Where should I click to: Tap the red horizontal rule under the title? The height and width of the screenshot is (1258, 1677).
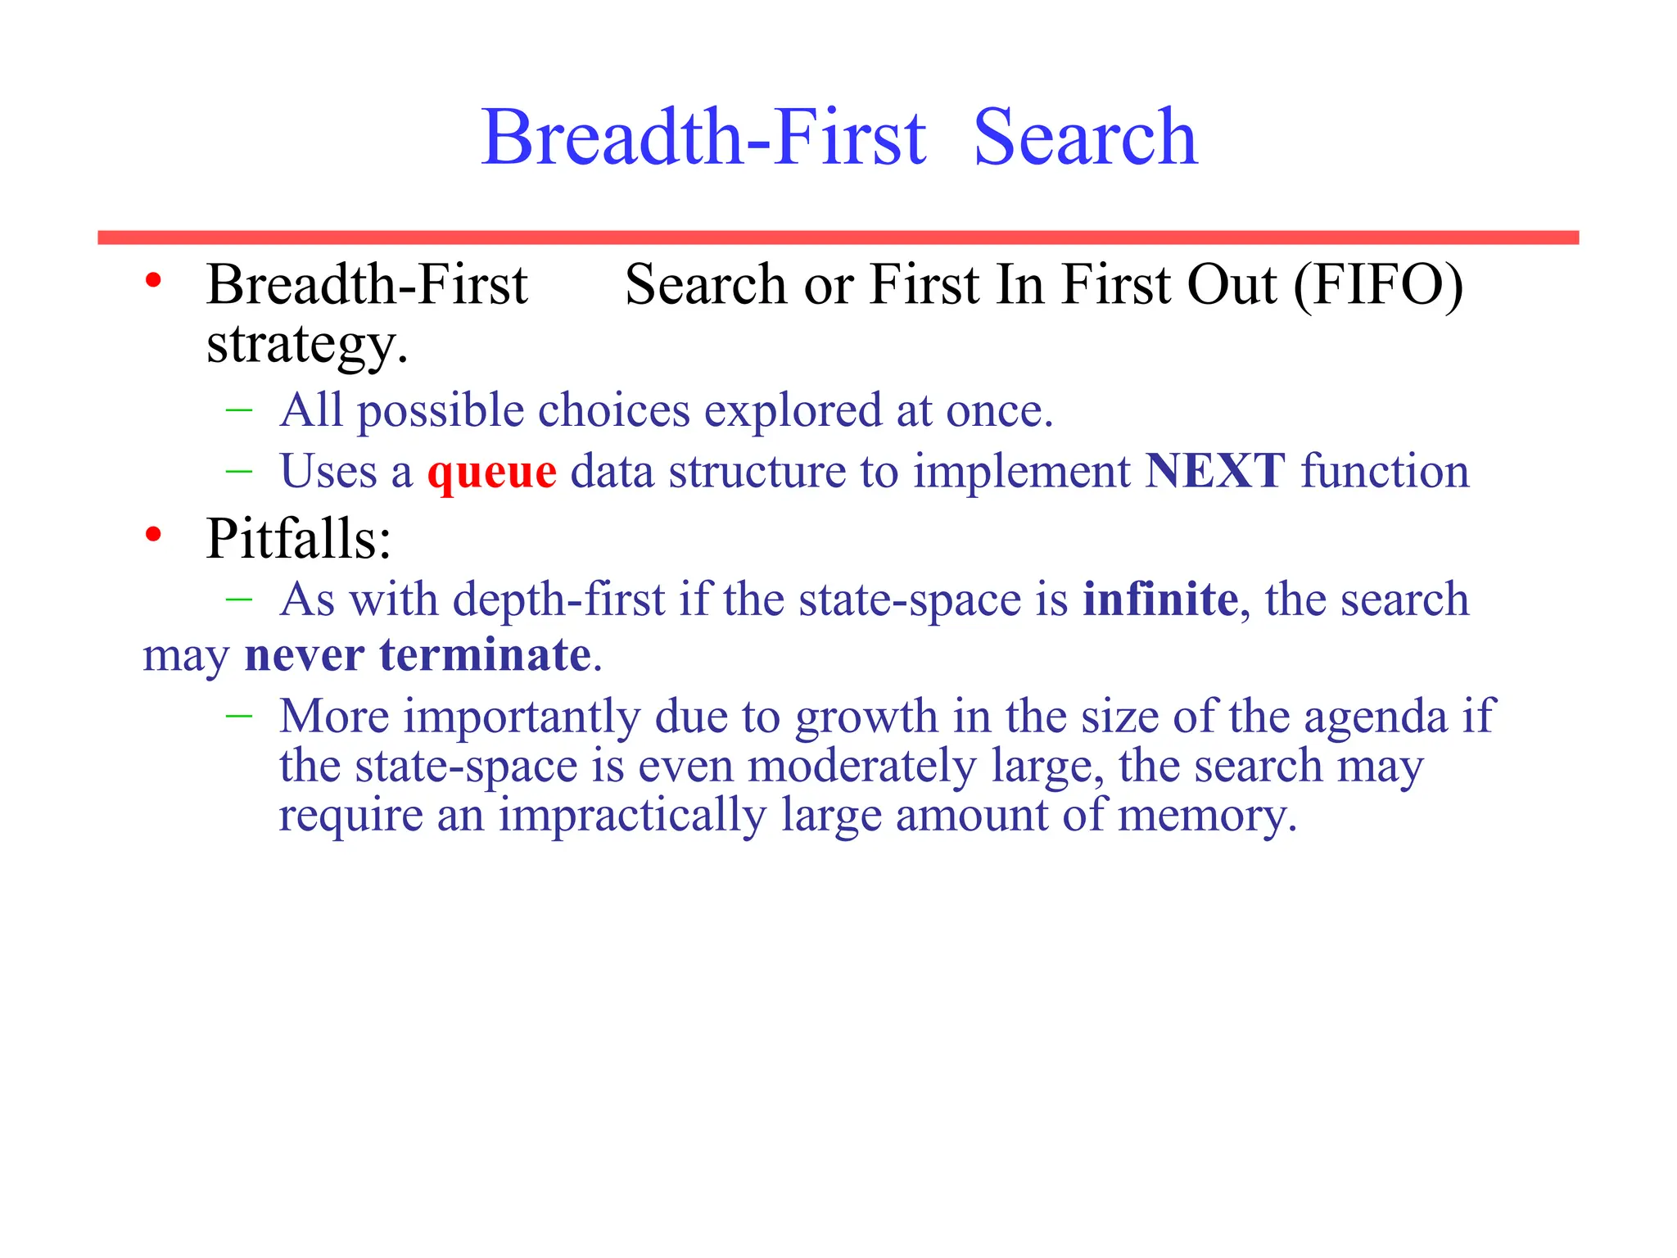point(838,238)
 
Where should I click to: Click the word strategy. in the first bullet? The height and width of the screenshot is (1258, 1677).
point(307,345)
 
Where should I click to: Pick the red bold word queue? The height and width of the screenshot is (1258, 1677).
point(492,473)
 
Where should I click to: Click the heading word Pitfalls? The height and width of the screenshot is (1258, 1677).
point(299,539)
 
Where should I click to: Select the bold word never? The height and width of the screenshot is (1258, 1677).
point(304,654)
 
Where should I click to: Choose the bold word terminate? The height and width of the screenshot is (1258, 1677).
point(486,654)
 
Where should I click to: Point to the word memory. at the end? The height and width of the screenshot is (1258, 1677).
point(1208,816)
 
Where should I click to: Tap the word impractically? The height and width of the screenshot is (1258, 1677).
point(632,816)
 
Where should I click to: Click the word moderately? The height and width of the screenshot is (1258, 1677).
point(862,767)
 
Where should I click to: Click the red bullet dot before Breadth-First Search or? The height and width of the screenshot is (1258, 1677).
point(153,282)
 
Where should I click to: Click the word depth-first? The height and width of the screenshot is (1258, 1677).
point(558,600)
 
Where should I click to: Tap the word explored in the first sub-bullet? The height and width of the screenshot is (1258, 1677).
point(793,411)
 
